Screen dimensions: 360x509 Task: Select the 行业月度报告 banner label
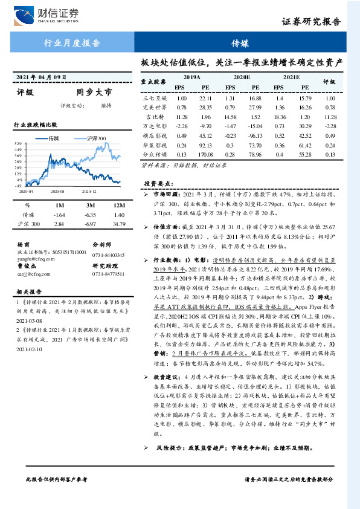(72, 42)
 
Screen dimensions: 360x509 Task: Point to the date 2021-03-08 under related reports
(28, 322)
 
